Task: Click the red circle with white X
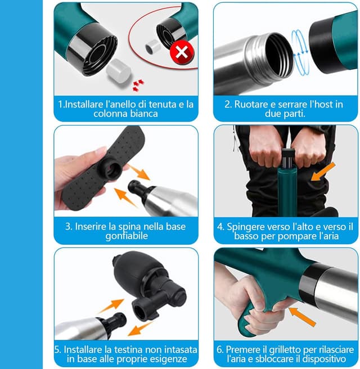(181, 53)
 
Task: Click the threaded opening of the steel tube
(271, 53)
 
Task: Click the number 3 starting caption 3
(68, 227)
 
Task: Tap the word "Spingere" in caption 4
(248, 227)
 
